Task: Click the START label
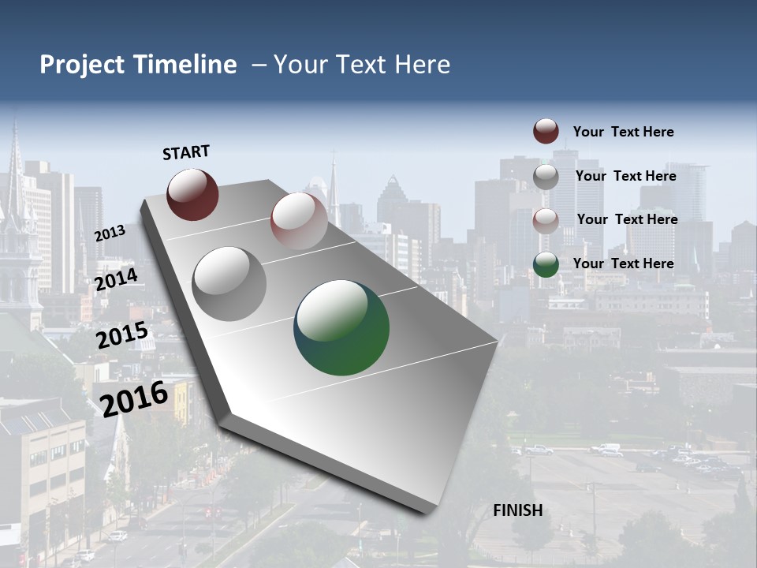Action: coord(186,152)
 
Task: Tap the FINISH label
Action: coord(518,510)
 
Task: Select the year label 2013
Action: coord(110,233)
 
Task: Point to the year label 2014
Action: coord(117,280)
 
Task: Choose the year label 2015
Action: coord(122,335)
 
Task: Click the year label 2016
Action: coord(134,398)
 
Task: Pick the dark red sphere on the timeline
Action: coord(192,194)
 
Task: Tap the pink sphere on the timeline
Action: coord(299,221)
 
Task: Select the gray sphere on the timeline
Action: coord(229,283)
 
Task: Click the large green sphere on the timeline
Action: coord(341,327)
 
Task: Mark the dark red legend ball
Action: coord(546,132)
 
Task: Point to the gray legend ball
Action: coord(546,176)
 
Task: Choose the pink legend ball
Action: coord(546,220)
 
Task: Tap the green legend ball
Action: coord(546,264)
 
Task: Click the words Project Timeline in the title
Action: coord(138,65)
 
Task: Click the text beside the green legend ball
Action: coord(623,263)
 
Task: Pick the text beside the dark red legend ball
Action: coord(623,132)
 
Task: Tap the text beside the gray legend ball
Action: coord(625,176)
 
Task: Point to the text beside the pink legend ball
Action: coord(627,219)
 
